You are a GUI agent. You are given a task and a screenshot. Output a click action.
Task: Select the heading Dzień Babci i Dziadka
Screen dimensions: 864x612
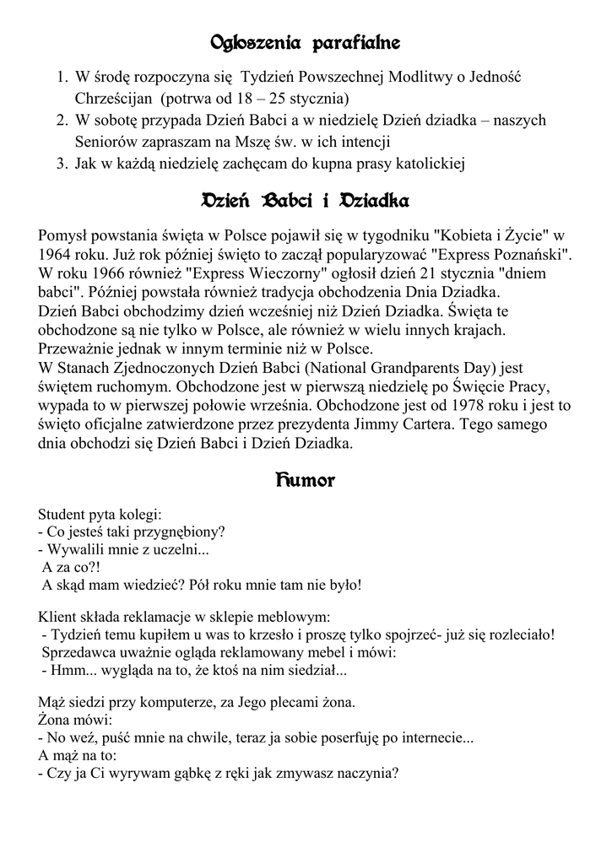click(306, 202)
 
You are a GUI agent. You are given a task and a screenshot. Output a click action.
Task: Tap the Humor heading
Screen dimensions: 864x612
click(305, 482)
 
